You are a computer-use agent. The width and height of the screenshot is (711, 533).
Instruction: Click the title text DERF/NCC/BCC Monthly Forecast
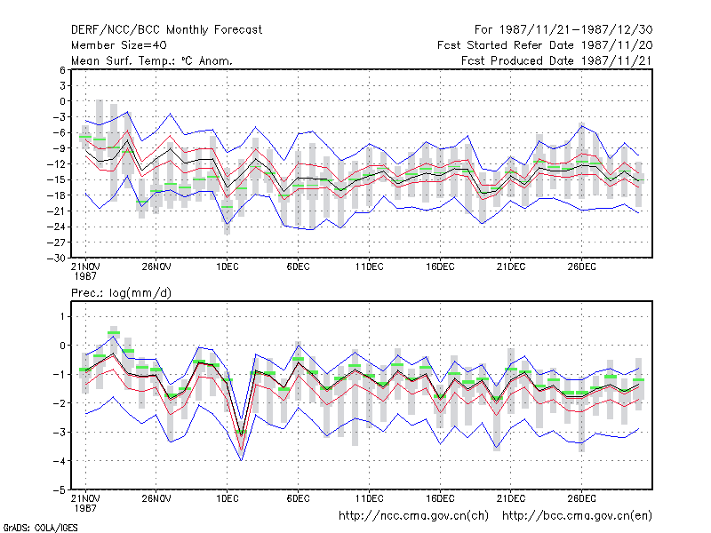(166, 30)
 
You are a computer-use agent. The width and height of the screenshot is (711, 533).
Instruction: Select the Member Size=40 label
(119, 45)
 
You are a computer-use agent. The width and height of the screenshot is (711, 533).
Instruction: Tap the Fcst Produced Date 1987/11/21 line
(556, 60)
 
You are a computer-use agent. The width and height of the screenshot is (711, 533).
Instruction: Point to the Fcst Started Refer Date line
(545, 45)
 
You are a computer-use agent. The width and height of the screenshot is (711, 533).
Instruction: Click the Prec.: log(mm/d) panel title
(121, 293)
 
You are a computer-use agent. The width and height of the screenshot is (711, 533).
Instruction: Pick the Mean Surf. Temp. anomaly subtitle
(151, 60)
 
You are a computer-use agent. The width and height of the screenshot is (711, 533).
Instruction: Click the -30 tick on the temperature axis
(57, 259)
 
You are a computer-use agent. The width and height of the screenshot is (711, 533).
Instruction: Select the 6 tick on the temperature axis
(62, 70)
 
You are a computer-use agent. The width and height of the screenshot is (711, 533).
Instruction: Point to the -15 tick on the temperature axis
(57, 179)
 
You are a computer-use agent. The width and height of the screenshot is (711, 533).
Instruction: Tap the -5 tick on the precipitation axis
(60, 490)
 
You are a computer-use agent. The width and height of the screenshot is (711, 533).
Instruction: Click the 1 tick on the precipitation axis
(62, 316)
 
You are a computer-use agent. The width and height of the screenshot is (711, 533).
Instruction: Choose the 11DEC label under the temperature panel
(369, 266)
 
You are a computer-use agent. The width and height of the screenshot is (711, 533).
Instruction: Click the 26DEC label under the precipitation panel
(582, 498)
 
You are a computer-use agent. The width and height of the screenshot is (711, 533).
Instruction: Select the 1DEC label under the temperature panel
(228, 266)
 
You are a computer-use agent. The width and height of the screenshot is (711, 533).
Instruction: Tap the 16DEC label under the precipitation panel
(440, 498)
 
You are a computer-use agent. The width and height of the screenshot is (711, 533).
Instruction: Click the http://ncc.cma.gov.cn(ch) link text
(413, 516)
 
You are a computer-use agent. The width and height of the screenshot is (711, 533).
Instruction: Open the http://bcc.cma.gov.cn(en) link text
(577, 516)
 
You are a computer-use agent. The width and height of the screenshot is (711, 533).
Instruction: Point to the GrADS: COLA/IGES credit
(40, 528)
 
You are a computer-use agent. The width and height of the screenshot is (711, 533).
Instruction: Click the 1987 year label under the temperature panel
(85, 276)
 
